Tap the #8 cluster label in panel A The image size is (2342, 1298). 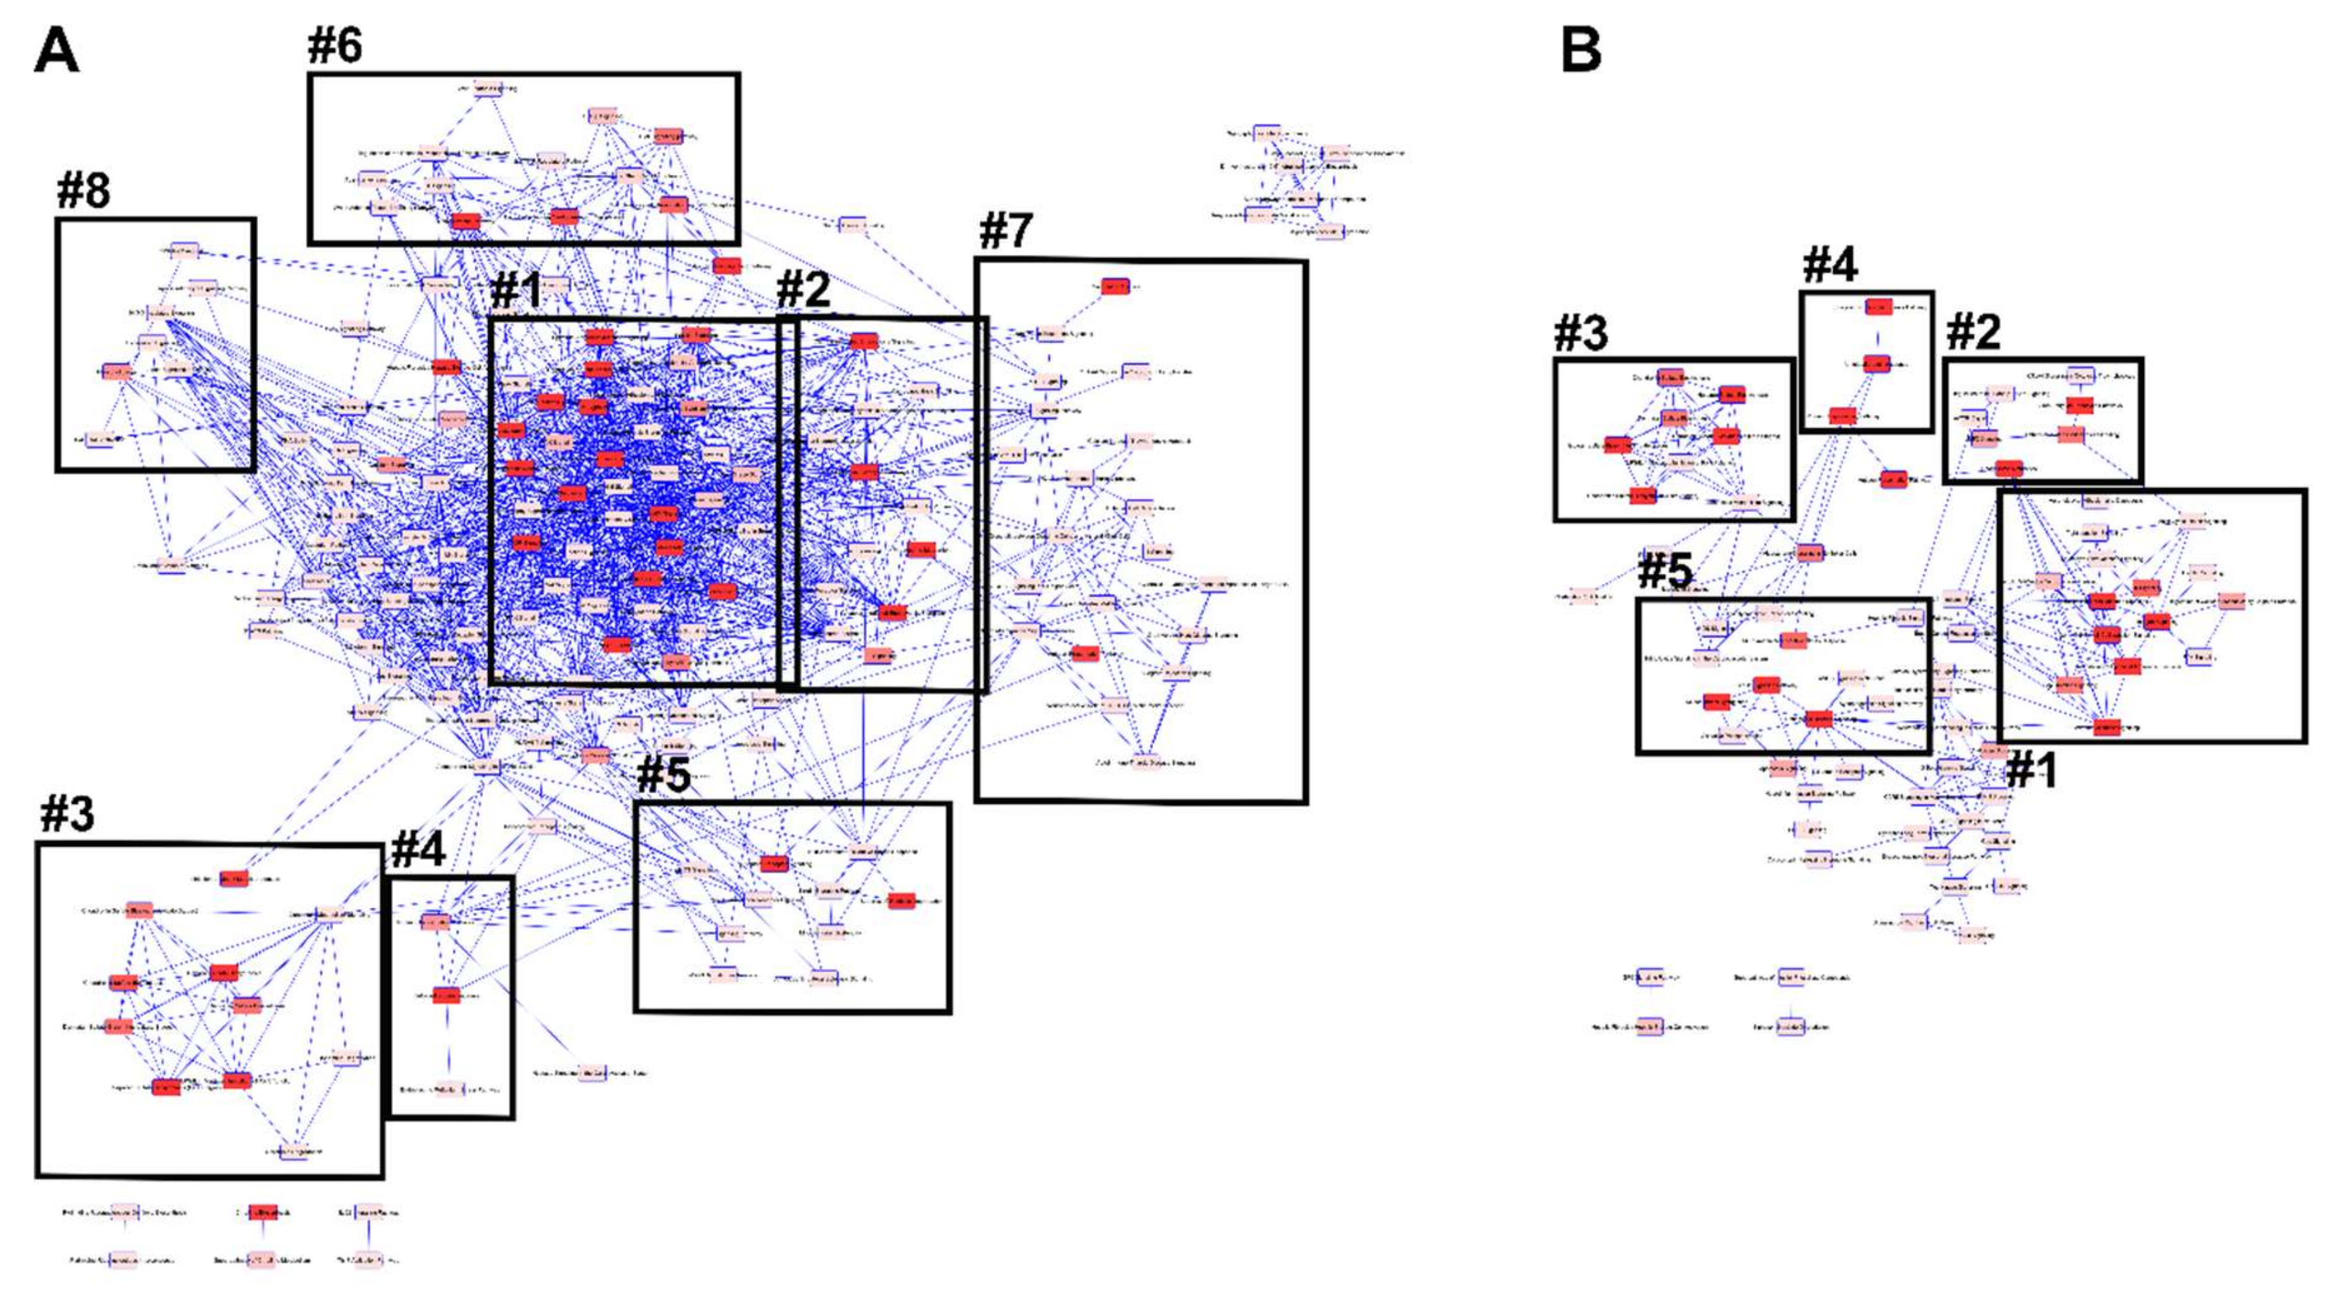click(x=84, y=190)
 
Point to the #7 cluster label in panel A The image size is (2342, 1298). click(x=1005, y=231)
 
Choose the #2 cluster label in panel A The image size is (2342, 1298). click(x=804, y=290)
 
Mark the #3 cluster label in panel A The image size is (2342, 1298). click(x=67, y=813)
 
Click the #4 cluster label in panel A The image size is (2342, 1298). click(x=418, y=850)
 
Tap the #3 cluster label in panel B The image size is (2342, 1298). click(x=1581, y=334)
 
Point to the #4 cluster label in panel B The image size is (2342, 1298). click(x=1830, y=265)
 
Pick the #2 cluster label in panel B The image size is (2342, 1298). click(x=1973, y=332)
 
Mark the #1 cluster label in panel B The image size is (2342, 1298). click(x=2031, y=771)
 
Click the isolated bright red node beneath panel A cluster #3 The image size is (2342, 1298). click(x=263, y=1213)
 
